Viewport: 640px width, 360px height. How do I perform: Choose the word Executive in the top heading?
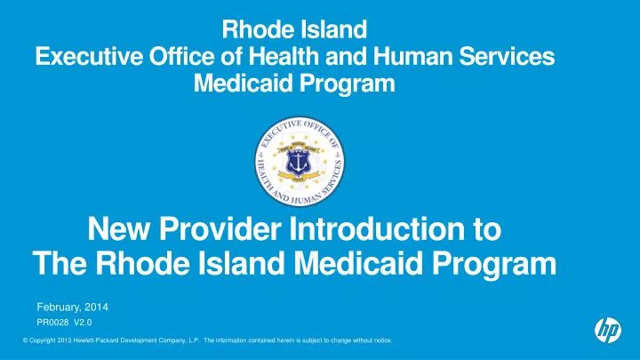pos(87,57)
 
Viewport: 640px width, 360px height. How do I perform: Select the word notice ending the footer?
pos(380,340)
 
